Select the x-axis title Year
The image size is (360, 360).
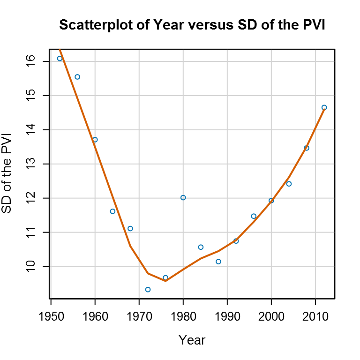click(x=192, y=340)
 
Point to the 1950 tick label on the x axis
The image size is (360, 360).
click(x=51, y=312)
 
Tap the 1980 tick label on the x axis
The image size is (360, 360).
click(x=183, y=312)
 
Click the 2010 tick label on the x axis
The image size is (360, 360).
click(x=315, y=312)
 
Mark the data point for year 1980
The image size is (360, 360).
click(x=183, y=197)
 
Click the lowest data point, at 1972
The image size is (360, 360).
click(x=148, y=289)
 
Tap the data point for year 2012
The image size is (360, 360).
click(x=324, y=107)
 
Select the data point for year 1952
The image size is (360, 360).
click(x=60, y=58)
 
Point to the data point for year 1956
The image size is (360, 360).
click(x=77, y=76)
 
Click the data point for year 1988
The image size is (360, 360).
click(x=218, y=261)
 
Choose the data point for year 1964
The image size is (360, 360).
click(x=112, y=211)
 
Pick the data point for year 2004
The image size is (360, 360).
click(x=289, y=183)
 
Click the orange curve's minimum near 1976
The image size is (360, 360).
click(x=165, y=280)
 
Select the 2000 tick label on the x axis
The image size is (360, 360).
click(x=271, y=312)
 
